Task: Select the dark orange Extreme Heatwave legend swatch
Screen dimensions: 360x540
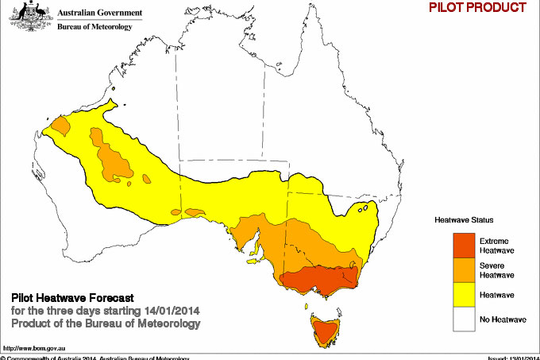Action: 463,245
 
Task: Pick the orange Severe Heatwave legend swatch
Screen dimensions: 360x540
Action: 463,269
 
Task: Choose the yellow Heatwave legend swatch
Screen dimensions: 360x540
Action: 463,295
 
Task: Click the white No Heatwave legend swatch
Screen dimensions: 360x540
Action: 463,320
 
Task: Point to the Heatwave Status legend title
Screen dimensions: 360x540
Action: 464,219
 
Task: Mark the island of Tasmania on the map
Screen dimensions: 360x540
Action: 324,331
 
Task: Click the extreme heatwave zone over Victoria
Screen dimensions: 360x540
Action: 318,280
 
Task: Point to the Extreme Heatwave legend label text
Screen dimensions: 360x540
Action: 496,245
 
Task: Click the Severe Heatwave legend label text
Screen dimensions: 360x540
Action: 496,269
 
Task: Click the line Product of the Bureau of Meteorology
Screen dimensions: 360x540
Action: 106,324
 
